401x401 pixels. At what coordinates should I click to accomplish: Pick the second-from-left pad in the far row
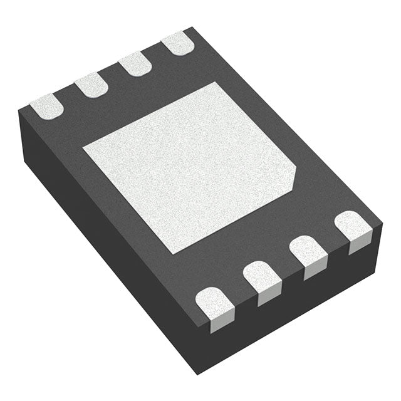[91, 85]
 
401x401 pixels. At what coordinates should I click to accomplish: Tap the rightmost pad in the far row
[177, 43]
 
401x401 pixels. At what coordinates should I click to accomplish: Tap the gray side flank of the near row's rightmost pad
[358, 244]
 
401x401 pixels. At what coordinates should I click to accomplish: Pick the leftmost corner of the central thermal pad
[83, 149]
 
